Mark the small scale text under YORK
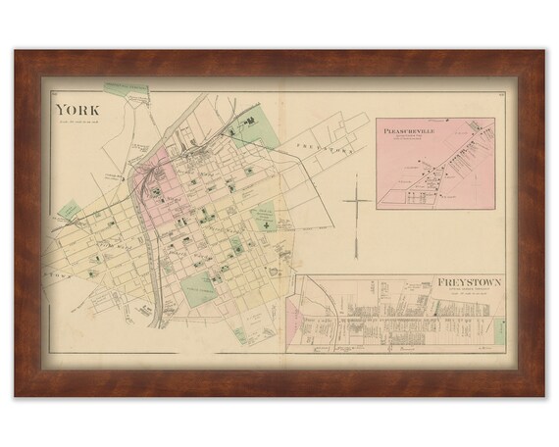(80, 122)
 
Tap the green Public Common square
(201, 287)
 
